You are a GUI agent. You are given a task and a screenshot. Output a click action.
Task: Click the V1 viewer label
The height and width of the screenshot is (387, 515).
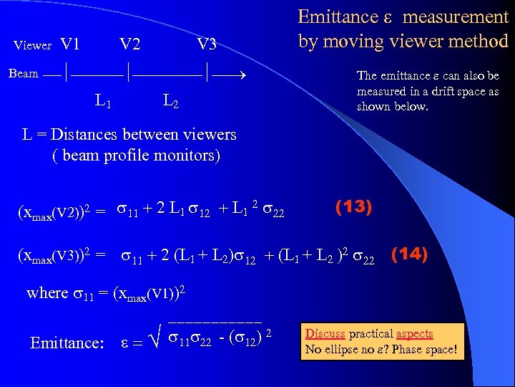pyautogui.click(x=70, y=44)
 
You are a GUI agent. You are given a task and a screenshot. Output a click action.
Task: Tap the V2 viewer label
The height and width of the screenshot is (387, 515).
pyautogui.click(x=129, y=44)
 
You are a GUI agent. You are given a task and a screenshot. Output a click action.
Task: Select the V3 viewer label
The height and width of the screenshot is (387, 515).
pyautogui.click(x=206, y=44)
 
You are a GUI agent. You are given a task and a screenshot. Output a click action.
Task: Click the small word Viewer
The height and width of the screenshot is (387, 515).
pyautogui.click(x=33, y=46)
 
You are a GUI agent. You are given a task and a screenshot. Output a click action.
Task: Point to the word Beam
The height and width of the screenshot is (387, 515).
pyautogui.click(x=24, y=73)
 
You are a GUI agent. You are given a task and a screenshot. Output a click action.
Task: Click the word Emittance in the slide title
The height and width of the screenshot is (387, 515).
pyautogui.click(x=338, y=17)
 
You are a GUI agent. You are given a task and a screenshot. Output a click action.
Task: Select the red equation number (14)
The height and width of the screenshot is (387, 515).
pyautogui.click(x=409, y=254)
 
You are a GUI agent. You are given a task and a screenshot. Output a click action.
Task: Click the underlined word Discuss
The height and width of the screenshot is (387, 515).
pyautogui.click(x=325, y=334)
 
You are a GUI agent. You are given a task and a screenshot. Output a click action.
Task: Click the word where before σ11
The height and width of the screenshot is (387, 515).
pyautogui.click(x=45, y=293)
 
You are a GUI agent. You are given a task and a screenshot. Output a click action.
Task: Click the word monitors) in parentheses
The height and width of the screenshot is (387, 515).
pyautogui.click(x=192, y=156)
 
